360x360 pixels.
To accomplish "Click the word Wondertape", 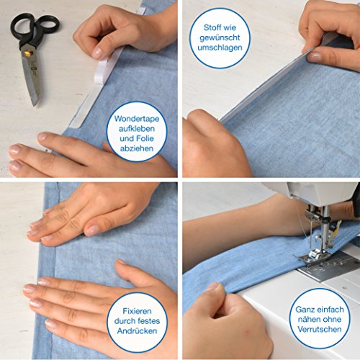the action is (x=137, y=119).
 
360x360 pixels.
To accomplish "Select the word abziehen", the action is (x=137, y=148).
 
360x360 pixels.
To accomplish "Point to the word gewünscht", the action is (x=220, y=38).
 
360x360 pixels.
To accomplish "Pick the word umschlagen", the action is (x=220, y=48).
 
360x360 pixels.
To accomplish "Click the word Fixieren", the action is (x=137, y=311).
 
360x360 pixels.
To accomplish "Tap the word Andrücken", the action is (x=137, y=331).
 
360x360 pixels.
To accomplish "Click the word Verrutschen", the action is (x=320, y=329).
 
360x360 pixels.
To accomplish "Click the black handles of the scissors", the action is (x=35, y=27).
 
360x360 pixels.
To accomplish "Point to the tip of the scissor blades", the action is (x=35, y=104).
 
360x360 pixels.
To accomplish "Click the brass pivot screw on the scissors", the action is (x=27, y=53).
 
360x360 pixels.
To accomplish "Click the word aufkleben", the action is (x=137, y=129).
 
